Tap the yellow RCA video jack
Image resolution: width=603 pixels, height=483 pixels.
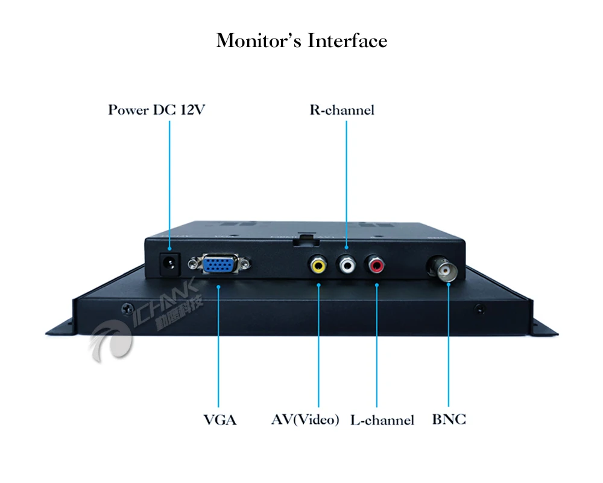tap(318, 264)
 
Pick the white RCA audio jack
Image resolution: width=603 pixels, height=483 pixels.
tap(347, 264)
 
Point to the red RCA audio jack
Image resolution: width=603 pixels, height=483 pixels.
tap(376, 264)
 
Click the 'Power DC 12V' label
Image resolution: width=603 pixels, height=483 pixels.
tap(157, 110)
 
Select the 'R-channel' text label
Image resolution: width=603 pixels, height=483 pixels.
tap(342, 110)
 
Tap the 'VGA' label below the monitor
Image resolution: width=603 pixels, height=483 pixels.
tap(219, 420)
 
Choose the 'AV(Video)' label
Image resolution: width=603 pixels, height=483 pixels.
tap(305, 420)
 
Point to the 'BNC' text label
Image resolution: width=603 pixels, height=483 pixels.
tap(449, 420)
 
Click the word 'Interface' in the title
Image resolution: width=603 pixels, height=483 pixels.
tap(347, 41)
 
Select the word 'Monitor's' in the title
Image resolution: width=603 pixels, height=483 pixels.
tap(259, 41)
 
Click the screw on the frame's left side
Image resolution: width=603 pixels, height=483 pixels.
tap(126, 309)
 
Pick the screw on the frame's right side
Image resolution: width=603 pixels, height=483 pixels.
tap(479, 309)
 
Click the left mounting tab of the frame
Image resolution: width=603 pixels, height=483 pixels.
tap(60, 329)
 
